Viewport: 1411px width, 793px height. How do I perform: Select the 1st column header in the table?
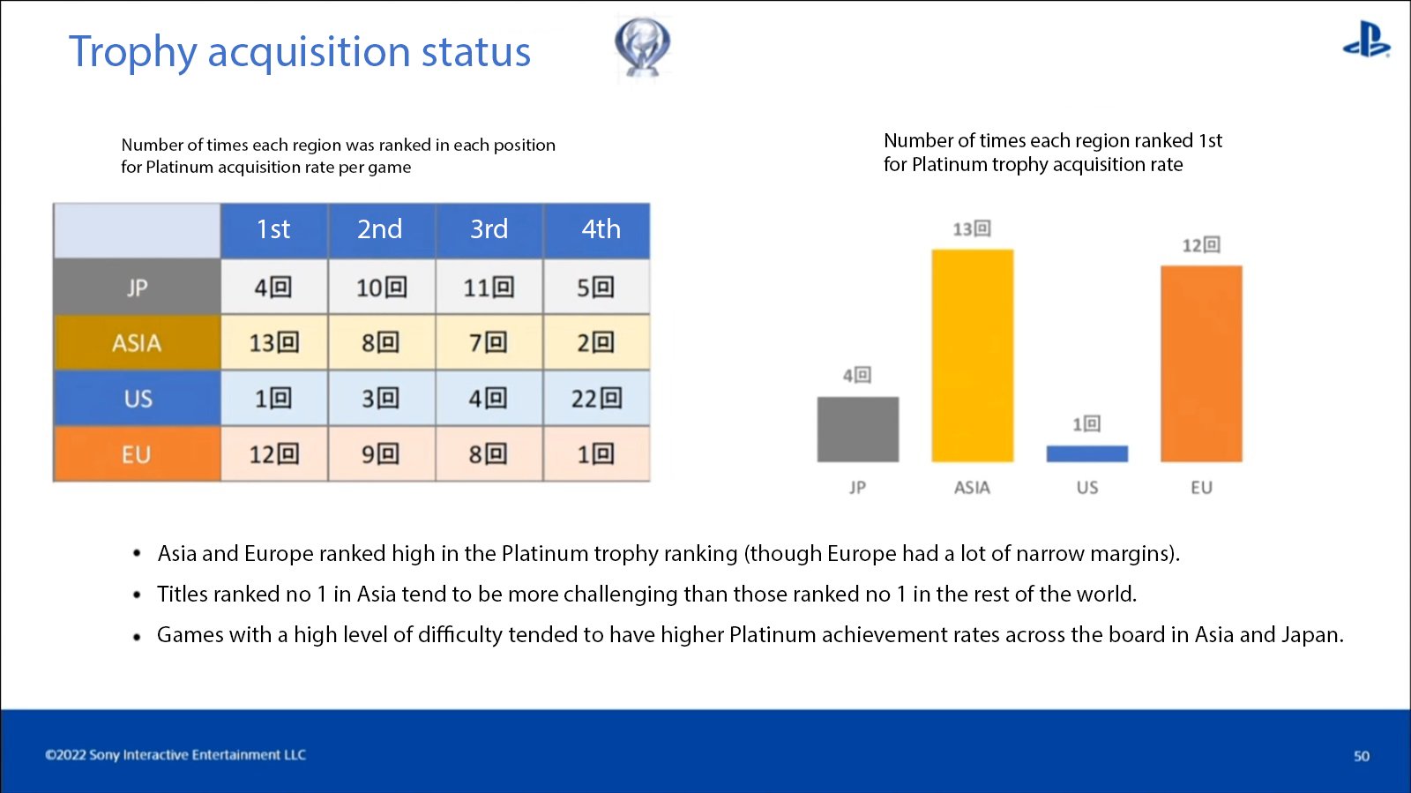274,230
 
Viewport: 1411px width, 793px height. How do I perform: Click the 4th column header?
597,230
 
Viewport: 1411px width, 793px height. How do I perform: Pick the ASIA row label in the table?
138,342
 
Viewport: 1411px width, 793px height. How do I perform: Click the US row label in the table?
138,398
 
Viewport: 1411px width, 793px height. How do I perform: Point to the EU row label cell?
138,453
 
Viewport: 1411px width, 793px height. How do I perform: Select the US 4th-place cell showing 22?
596,398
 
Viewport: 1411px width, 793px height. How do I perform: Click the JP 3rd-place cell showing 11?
489,288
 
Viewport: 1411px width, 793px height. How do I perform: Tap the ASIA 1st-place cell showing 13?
274,342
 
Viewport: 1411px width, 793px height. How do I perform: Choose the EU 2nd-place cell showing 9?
381,453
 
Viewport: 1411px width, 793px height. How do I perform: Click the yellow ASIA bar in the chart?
973,355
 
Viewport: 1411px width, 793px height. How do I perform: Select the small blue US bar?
1087,453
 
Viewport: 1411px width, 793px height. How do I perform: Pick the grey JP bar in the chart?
858,430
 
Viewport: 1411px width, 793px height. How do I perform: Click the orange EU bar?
1201,364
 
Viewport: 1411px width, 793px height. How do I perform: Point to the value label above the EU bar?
1201,245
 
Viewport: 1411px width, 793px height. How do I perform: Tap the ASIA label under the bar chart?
972,488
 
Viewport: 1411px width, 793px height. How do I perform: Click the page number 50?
1362,756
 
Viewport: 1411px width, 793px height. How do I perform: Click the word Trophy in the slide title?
133,52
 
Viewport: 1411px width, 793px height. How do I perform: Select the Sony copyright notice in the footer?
175,754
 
